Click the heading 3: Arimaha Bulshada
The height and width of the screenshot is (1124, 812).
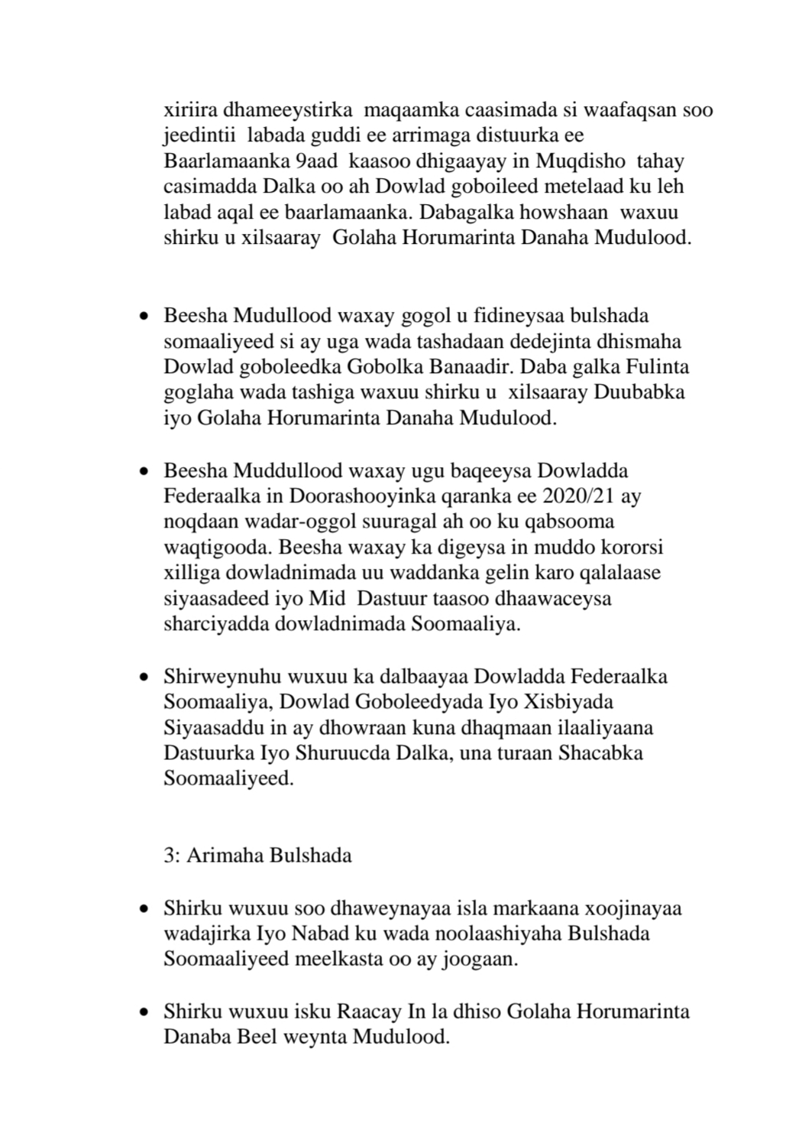tap(257, 855)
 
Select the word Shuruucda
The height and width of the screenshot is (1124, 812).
tap(358, 752)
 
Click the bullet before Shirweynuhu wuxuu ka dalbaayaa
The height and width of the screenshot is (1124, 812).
tap(143, 677)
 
